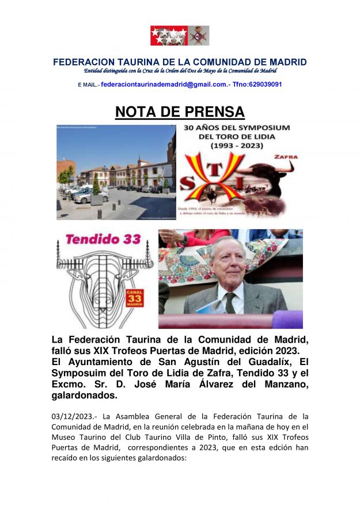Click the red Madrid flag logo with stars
click(169, 36)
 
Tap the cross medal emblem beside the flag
click(199, 36)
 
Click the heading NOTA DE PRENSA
click(180, 112)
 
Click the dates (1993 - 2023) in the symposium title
click(237, 147)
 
